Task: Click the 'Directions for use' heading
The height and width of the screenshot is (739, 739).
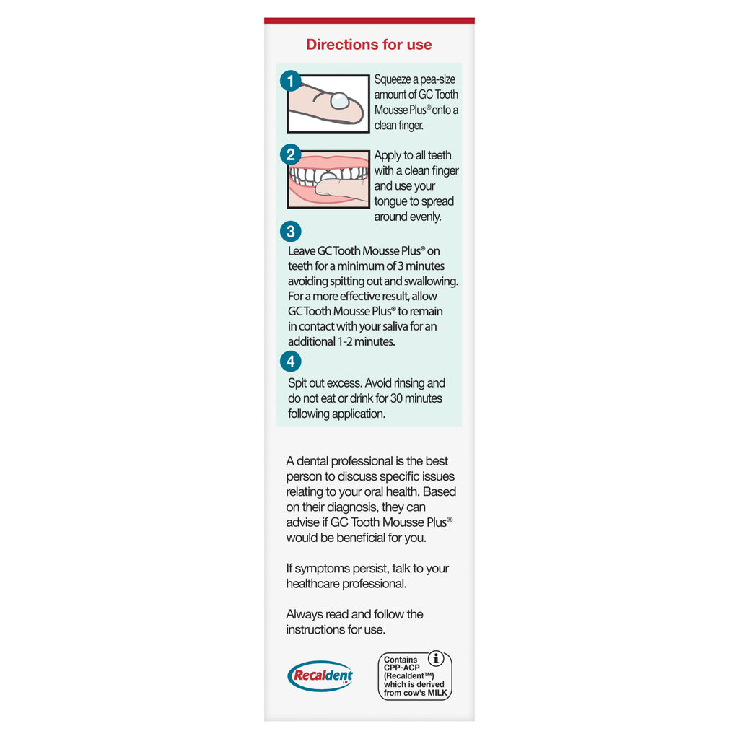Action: coord(369,45)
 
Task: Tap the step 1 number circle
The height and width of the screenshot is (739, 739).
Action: coord(290,81)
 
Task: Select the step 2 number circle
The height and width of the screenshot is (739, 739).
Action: coord(290,154)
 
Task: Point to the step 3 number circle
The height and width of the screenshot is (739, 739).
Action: coord(290,232)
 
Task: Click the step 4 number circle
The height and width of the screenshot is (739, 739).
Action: coord(290,361)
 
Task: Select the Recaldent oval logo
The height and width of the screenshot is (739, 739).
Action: coord(320,676)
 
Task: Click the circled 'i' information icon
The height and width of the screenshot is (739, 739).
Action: coord(436,658)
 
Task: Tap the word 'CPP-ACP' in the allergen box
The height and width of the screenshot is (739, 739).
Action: coord(402,668)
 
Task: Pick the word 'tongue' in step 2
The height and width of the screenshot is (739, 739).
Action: coord(392,202)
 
